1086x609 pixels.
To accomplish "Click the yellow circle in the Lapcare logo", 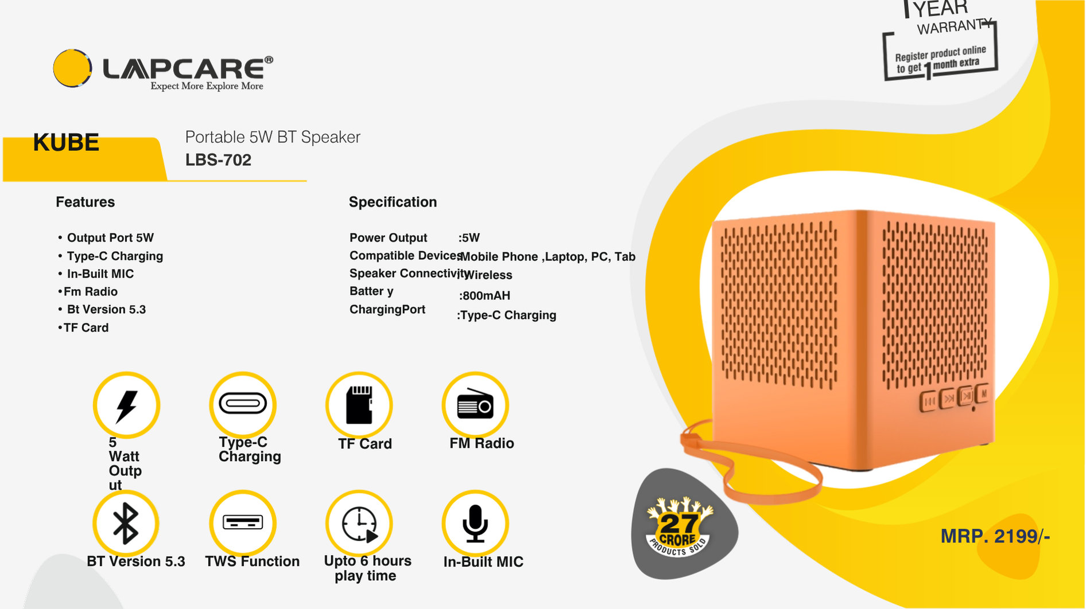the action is pos(72,68).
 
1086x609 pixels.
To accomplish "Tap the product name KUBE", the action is pos(66,143).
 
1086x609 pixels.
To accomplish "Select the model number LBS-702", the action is pos(218,160).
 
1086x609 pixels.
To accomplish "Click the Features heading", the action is pos(85,202).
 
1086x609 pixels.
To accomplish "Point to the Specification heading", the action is pos(393,202).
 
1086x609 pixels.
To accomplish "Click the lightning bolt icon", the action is pos(126,405).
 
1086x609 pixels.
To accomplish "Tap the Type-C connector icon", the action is pos(243,404).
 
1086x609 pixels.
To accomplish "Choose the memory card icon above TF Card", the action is pos(359,405).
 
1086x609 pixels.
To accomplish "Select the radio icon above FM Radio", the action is pos(475,405).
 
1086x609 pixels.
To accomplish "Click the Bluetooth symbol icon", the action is pos(126,524).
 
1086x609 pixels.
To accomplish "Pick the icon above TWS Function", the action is pos(243,522).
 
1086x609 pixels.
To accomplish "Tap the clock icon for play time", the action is pos(359,524).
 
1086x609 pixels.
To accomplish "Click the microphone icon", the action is pos(475,524).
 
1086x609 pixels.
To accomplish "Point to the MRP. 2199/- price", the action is pos(995,536).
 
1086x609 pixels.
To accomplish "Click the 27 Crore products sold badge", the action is pos(679,527).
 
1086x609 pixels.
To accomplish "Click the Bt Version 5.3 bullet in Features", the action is pos(102,310).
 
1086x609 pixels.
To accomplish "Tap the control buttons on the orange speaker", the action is pos(954,397).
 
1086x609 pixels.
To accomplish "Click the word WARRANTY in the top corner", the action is pos(953,26).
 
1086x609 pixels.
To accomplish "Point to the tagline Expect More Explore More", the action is pos(207,86).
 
